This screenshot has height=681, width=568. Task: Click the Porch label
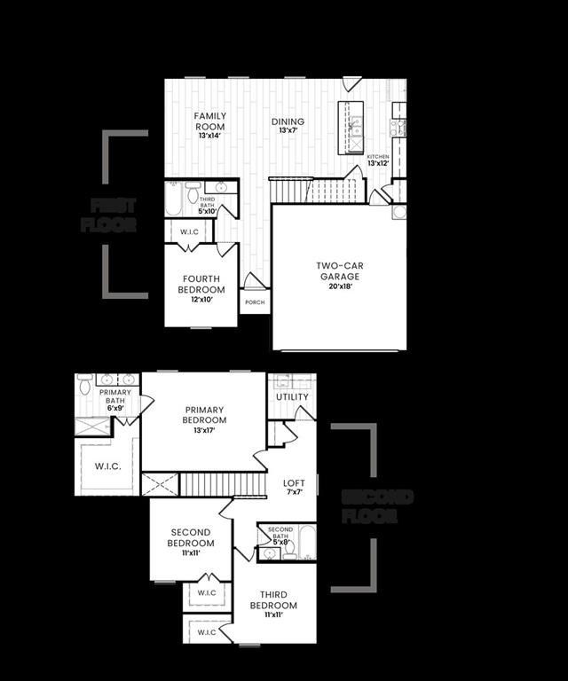(255, 302)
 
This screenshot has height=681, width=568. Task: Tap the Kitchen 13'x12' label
(378, 160)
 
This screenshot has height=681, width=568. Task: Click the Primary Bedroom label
(204, 419)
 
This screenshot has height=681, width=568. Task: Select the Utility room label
(292, 397)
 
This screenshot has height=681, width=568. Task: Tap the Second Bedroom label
(192, 542)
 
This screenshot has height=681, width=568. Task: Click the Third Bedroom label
(273, 605)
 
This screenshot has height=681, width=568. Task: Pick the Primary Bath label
(115, 400)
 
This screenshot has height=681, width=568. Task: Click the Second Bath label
(280, 536)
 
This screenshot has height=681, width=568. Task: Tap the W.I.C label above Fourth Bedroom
(190, 233)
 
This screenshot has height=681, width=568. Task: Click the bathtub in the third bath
(173, 200)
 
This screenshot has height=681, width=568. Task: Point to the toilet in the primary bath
(85, 384)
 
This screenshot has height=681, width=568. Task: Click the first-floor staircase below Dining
(316, 190)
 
